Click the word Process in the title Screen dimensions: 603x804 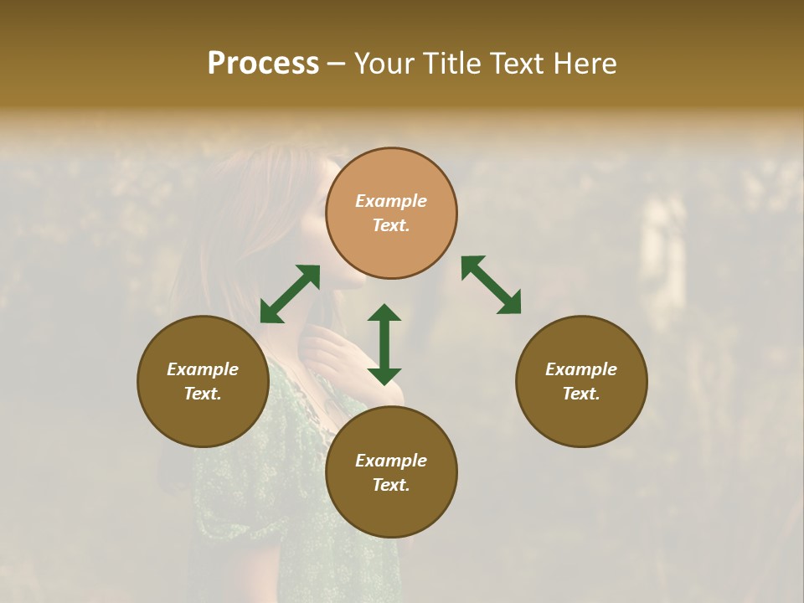coord(263,64)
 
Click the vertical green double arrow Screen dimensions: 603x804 coord(384,344)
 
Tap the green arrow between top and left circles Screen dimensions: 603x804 coord(290,294)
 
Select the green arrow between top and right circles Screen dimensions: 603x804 coord(491,285)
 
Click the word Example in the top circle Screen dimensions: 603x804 coord(391,201)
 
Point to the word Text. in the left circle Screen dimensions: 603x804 coord(203,394)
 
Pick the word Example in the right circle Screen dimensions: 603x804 coord(581,369)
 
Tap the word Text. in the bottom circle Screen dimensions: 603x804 coord(391,485)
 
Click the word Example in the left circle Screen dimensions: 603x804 coord(203,369)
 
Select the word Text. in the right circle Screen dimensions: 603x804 coord(581,394)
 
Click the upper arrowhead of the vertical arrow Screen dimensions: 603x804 coord(384,313)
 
